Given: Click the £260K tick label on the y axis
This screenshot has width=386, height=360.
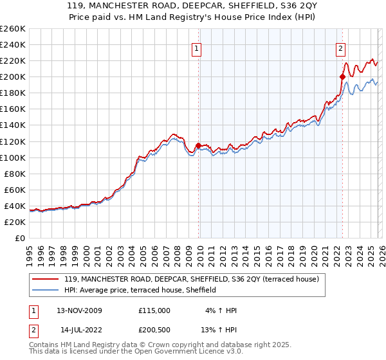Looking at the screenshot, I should coord(12,29).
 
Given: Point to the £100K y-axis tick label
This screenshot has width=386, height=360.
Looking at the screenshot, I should coord(12,157).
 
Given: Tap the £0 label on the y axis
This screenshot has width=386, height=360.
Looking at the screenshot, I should coord(20,238).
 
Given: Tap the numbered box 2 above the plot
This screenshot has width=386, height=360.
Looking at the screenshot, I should coord(340,47).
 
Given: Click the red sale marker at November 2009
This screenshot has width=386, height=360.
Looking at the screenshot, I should coord(199,145).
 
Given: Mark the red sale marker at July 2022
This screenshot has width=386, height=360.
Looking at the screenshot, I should coord(342,76).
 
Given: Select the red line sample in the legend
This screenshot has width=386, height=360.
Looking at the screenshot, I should coord(46,280).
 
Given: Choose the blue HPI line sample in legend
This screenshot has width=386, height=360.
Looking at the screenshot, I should coord(46,291).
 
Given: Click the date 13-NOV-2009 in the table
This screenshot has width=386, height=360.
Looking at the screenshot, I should coord(77,310).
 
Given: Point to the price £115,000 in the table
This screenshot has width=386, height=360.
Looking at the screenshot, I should coord(154,310).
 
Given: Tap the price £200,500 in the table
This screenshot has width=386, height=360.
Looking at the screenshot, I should coord(154,330).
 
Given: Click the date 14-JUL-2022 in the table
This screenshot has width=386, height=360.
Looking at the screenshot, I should coord(77,330).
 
